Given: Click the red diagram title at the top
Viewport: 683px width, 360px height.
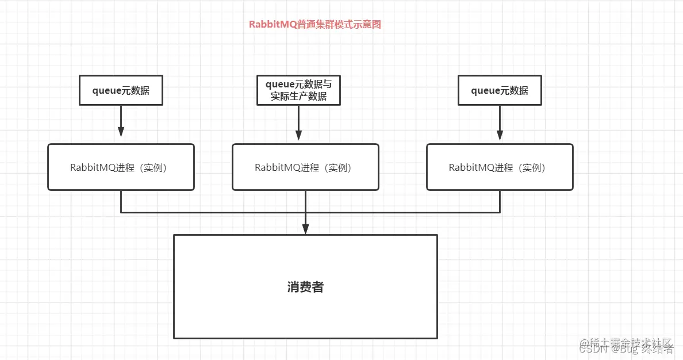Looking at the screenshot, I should [314, 24].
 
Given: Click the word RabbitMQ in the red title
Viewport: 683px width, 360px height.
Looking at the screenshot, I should [273, 24].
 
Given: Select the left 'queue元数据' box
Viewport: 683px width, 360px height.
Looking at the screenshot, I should [121, 90].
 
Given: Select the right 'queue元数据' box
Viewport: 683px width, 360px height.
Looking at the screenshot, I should [500, 90].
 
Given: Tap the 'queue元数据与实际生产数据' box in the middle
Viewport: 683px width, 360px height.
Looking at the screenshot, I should [298, 90].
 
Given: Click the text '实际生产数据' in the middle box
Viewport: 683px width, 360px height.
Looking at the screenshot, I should [298, 97].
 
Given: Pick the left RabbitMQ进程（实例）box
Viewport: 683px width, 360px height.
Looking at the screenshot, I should [121, 167].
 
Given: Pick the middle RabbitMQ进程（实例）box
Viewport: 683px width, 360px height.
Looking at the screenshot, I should [305, 167].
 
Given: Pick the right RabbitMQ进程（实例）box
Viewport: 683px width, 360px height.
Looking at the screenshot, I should [500, 167].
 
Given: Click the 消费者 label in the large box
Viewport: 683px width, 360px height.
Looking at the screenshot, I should [305, 287].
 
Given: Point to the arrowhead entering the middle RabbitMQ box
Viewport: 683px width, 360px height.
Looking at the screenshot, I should [298, 136].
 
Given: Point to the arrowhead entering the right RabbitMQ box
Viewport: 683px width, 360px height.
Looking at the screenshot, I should [500, 135].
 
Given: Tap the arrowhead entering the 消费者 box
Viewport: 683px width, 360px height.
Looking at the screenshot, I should [305, 228].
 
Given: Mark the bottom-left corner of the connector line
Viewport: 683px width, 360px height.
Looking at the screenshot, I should [121, 213].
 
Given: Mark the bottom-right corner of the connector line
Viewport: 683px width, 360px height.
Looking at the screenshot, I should [500, 213].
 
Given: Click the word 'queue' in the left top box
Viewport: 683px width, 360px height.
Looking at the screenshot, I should [106, 90].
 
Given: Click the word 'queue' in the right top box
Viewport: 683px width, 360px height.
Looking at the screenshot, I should [485, 90].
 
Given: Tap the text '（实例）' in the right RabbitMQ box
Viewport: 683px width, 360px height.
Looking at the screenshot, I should [531, 167].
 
